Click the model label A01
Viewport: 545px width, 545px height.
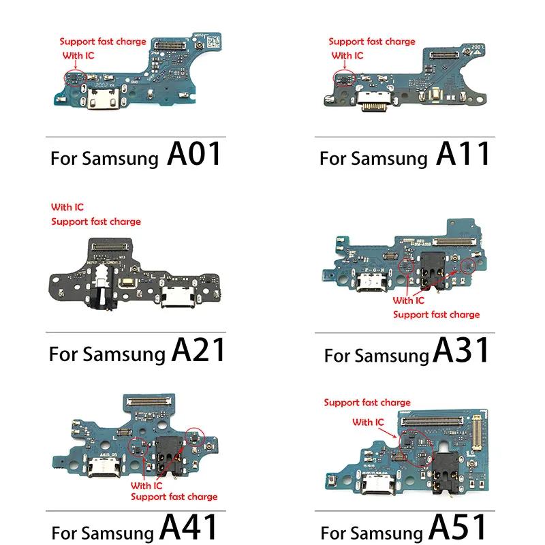[194, 155]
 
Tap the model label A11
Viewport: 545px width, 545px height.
[463, 155]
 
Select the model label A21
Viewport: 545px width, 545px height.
[198, 350]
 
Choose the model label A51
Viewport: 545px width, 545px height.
[460, 527]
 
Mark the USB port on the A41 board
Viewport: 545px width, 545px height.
[99, 470]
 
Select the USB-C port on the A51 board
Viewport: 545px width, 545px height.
[373, 487]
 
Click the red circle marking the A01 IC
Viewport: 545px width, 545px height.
[72, 77]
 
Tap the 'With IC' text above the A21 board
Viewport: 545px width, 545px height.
[67, 207]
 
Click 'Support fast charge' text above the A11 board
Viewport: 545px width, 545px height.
[371, 42]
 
